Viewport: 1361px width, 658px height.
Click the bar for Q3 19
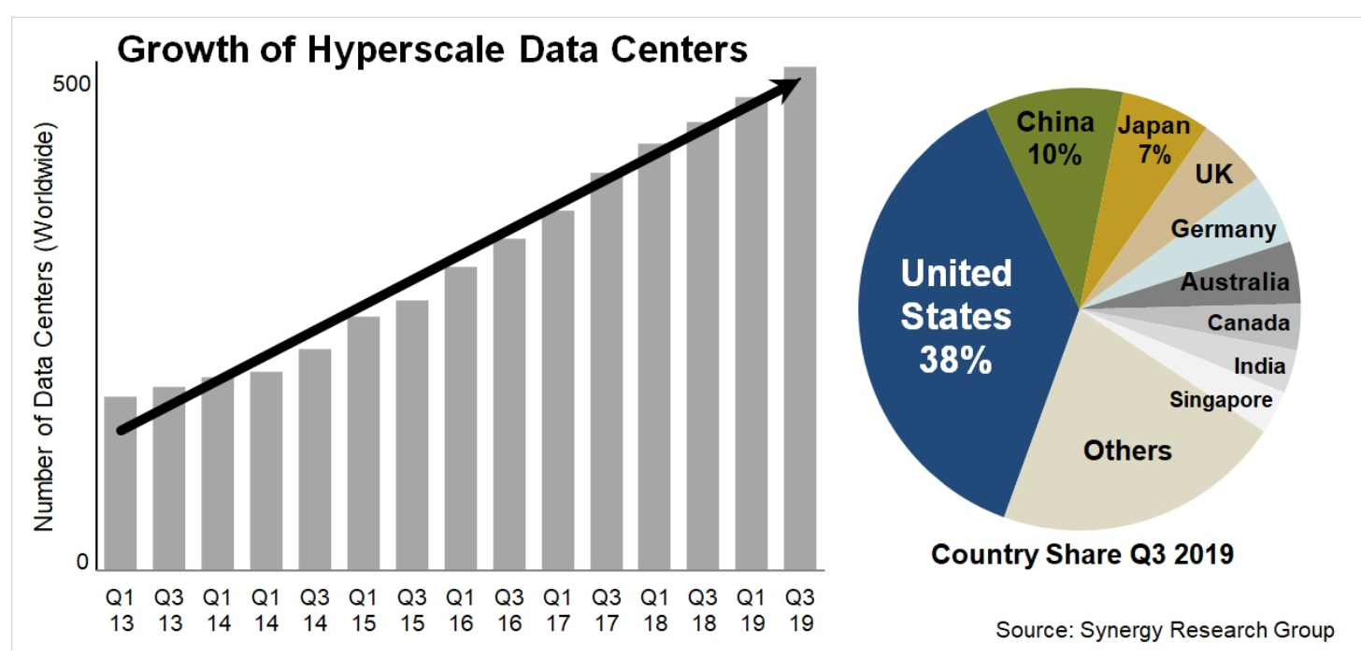(x=800, y=318)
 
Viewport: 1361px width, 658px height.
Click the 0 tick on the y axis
(x=82, y=562)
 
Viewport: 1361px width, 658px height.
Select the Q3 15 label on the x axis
(x=412, y=608)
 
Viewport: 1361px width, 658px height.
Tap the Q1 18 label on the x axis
(x=655, y=608)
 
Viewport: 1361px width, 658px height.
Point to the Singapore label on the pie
(x=1220, y=400)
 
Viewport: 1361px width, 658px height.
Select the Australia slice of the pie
(x=1234, y=281)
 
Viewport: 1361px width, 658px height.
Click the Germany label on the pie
(x=1223, y=229)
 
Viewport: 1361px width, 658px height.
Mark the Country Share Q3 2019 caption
(x=1082, y=553)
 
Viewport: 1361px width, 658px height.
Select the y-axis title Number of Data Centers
(x=45, y=327)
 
